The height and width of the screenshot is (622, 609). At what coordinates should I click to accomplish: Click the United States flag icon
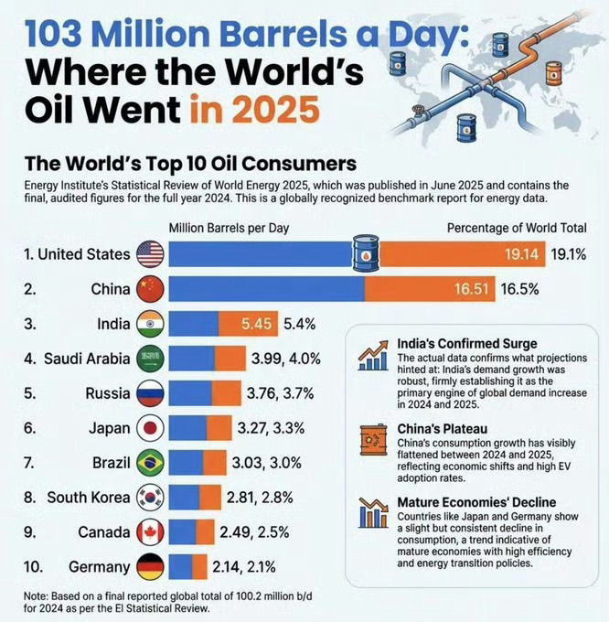pyautogui.click(x=149, y=253)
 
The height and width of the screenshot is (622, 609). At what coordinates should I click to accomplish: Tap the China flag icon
pyautogui.click(x=149, y=290)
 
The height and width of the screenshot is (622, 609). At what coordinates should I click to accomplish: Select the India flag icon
pyautogui.click(x=149, y=325)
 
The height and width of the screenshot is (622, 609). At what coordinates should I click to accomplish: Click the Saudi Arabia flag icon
pyautogui.click(x=149, y=358)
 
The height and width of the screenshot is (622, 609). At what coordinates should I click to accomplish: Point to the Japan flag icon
pyautogui.click(x=149, y=426)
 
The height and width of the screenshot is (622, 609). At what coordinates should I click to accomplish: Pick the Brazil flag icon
pyautogui.click(x=149, y=462)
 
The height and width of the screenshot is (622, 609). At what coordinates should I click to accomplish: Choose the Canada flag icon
pyautogui.click(x=149, y=531)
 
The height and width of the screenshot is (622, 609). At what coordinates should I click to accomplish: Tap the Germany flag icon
pyautogui.click(x=149, y=564)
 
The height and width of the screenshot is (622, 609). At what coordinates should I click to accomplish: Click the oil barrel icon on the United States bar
pyautogui.click(x=366, y=253)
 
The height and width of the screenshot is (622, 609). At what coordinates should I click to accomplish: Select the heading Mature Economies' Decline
pyautogui.click(x=476, y=502)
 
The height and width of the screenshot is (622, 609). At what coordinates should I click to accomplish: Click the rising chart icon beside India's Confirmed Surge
pyautogui.click(x=373, y=355)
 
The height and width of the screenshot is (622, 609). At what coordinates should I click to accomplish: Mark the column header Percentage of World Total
pyautogui.click(x=517, y=228)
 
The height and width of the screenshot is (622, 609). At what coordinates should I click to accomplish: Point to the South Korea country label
pyautogui.click(x=84, y=497)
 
